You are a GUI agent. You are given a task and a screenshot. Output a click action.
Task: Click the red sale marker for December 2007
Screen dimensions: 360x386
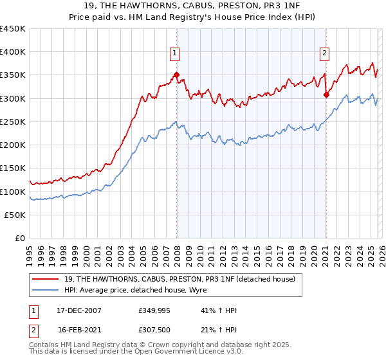coord(176,75)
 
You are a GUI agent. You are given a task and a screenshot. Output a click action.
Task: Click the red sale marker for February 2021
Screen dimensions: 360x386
coord(326,95)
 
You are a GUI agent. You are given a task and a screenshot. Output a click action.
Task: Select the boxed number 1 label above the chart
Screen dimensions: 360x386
coord(175,53)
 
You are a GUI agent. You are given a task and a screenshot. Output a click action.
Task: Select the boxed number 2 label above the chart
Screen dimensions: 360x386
coord(325,53)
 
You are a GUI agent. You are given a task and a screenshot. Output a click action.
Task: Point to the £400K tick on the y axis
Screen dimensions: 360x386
coord(13,52)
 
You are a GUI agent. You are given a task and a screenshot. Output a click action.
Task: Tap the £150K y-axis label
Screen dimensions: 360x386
coord(13,168)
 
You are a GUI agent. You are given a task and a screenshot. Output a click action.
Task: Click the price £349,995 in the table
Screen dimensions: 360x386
coord(155,310)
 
